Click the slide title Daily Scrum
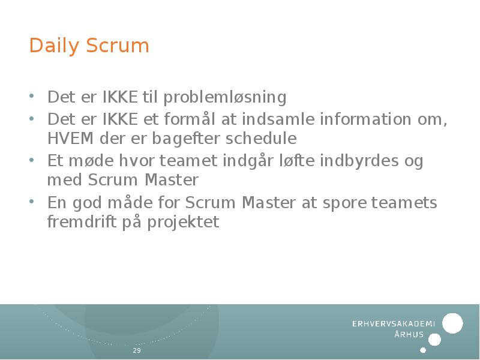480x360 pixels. point(89,46)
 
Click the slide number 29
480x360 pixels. point(137,350)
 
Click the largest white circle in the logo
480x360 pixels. point(452,323)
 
